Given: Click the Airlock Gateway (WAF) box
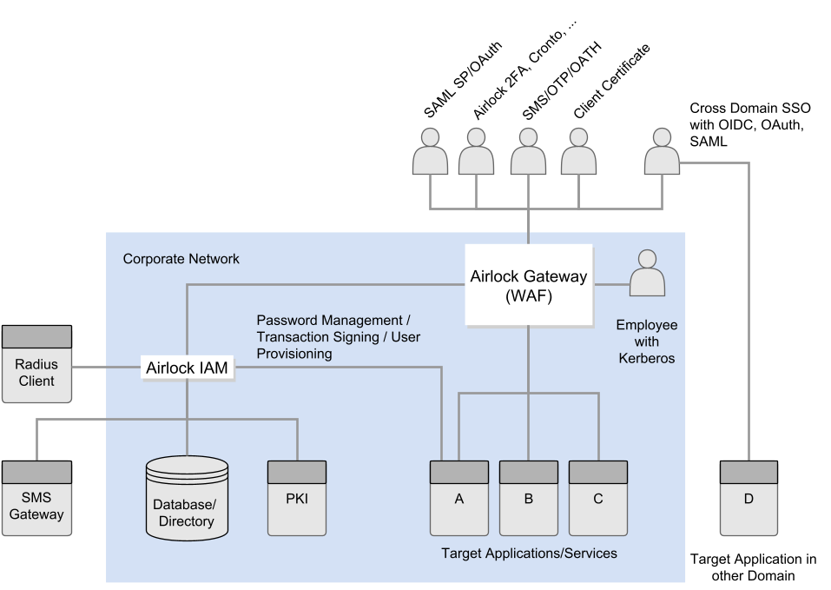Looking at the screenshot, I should pyautogui.click(x=529, y=285).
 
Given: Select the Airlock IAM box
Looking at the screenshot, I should pyautogui.click(x=187, y=368).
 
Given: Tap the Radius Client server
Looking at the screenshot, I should pyautogui.click(x=36, y=365).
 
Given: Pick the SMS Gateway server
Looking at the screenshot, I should pyautogui.click(x=36, y=499).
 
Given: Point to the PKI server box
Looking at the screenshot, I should pyautogui.click(x=297, y=498).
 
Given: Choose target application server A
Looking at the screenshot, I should pyautogui.click(x=459, y=498).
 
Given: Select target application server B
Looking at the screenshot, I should pyautogui.click(x=528, y=498).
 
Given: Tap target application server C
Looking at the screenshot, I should pyautogui.click(x=598, y=498).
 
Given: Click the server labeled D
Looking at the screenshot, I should pyautogui.click(x=749, y=498).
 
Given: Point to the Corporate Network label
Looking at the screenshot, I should pyautogui.click(x=181, y=259).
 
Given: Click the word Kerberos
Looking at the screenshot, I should pyautogui.click(x=647, y=358).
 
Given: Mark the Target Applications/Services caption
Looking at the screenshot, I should pyautogui.click(x=529, y=553).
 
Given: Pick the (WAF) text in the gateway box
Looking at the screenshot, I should pyautogui.click(x=529, y=295).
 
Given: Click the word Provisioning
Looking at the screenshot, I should pyautogui.click(x=294, y=354).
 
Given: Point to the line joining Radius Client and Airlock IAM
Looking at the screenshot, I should pyautogui.click(x=106, y=368).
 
